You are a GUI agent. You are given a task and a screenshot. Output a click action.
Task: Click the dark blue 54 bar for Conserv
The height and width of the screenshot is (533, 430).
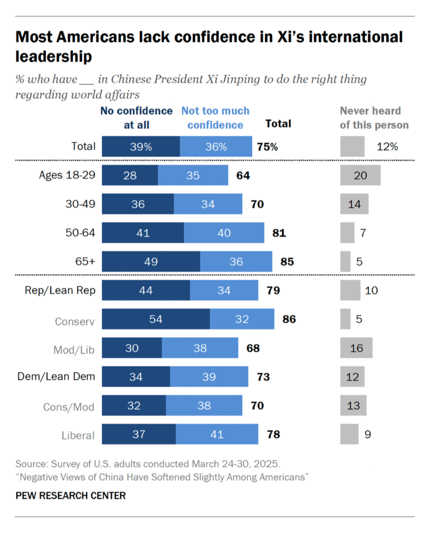(156, 319)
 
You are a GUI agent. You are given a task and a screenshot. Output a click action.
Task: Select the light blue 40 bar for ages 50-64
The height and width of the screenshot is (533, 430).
(224, 233)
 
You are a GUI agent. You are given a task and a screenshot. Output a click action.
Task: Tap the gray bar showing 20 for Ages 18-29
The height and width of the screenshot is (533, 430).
(360, 175)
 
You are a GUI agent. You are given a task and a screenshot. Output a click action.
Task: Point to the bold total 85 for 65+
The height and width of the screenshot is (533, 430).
(287, 262)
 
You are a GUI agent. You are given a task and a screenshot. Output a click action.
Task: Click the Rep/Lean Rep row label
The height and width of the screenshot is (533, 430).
(60, 290)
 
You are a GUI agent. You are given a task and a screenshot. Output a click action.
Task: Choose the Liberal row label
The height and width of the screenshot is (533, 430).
(78, 435)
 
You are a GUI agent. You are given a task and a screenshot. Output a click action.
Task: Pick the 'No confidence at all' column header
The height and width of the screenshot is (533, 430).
(137, 118)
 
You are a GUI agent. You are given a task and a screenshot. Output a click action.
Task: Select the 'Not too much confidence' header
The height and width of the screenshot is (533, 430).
(215, 118)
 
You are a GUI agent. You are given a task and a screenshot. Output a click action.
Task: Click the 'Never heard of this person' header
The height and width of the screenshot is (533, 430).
(374, 118)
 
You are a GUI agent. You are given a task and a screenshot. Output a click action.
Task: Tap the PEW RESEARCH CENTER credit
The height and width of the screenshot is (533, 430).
(70, 496)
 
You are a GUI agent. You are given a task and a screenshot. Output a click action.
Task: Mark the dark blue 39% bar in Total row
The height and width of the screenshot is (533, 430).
(141, 147)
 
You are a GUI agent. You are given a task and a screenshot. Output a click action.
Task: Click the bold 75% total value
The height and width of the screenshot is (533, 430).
(267, 147)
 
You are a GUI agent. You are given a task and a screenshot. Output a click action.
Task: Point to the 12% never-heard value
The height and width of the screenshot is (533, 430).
(387, 147)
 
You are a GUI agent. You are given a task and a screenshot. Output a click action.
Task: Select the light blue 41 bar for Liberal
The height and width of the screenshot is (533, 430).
(217, 434)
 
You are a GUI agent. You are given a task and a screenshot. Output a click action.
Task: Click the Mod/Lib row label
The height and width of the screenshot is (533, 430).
(74, 350)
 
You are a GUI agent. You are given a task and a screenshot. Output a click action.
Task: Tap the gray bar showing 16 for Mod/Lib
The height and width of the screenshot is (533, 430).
(356, 348)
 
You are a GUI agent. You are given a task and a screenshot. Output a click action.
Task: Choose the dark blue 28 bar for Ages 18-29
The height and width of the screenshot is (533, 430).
(130, 175)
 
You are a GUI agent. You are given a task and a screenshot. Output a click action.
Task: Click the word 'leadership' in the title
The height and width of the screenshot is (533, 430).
(54, 57)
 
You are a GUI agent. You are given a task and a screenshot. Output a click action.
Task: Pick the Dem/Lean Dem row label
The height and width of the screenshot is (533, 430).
(56, 376)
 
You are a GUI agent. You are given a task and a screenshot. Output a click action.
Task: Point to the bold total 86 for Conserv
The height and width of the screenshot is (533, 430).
(289, 319)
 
